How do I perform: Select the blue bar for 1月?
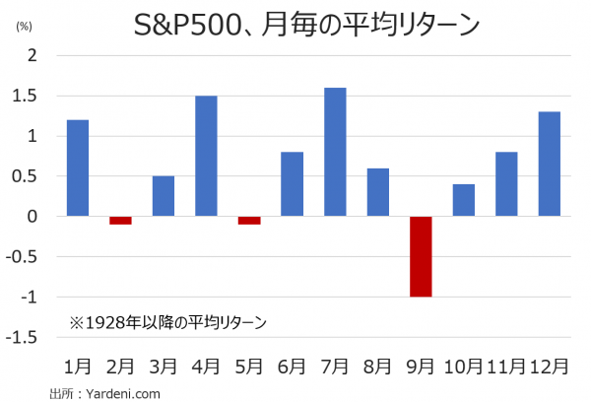tap(78, 167)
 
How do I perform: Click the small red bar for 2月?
tap(120, 220)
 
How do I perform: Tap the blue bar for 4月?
tap(206, 156)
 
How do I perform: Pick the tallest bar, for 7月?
tap(335, 152)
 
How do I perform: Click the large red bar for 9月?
tap(421, 256)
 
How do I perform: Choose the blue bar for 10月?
tap(463, 200)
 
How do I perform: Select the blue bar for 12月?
tap(549, 164)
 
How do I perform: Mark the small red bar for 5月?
tap(249, 220)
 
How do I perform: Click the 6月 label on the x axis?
tap(292, 367)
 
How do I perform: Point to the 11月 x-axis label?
tap(505, 367)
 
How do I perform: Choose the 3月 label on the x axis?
tap(164, 367)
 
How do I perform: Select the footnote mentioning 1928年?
tap(168, 321)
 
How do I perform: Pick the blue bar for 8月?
tap(377, 192)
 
